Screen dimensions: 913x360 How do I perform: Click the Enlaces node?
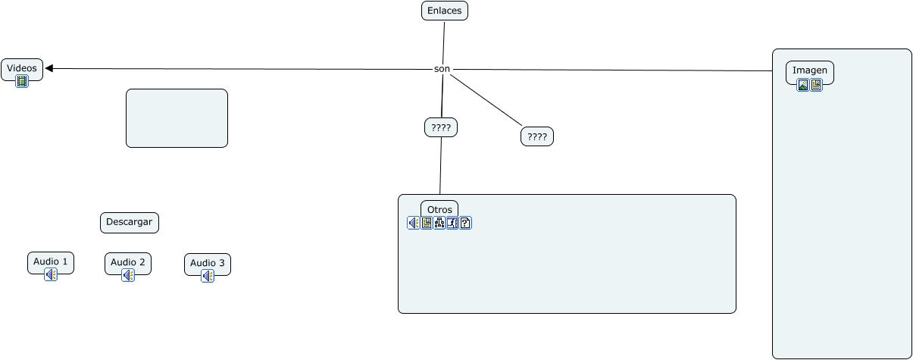tap(445, 11)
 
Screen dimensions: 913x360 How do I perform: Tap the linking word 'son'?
tap(442, 69)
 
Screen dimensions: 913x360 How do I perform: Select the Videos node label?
tap(22, 68)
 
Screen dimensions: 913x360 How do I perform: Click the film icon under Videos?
tap(22, 81)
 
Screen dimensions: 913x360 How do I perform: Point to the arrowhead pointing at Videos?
tap(49, 69)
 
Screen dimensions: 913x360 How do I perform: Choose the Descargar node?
tap(130, 223)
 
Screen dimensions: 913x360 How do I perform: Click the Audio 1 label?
tap(51, 261)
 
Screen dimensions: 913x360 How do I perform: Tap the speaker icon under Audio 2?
tap(128, 275)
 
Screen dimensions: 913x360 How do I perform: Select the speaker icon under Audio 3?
tap(208, 277)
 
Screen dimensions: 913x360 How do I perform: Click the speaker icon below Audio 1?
tap(51, 274)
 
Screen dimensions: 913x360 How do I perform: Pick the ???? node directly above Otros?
tap(441, 128)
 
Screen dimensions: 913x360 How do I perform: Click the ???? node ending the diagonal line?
tap(536, 137)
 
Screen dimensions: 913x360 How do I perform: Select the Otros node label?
tap(439, 209)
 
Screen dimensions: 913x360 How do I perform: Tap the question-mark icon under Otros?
tap(465, 223)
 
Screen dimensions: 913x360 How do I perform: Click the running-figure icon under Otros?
tap(452, 223)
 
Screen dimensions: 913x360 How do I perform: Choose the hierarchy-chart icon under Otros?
tap(439, 223)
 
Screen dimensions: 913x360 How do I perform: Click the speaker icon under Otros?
tap(413, 223)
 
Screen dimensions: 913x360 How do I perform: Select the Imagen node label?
tap(810, 70)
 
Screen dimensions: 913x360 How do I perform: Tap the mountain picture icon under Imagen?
tap(803, 85)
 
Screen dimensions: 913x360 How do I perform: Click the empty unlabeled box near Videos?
tap(177, 118)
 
